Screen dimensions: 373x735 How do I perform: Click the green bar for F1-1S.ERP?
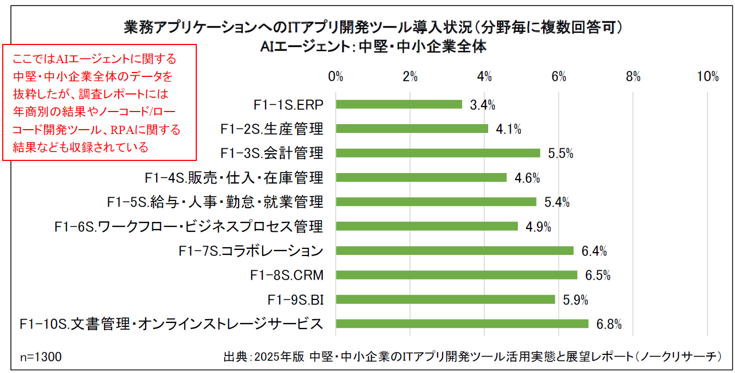(399, 104)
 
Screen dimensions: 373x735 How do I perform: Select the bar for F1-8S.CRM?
(456, 275)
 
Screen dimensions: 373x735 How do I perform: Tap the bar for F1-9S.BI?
(445, 299)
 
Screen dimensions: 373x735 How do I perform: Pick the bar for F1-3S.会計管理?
(438, 153)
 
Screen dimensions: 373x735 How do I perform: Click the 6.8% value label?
(609, 324)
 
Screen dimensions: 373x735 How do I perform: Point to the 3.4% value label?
(483, 105)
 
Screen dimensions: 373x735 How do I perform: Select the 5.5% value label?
(561, 154)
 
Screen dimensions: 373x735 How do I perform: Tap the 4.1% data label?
(509, 130)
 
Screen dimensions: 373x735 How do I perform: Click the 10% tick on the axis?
(708, 77)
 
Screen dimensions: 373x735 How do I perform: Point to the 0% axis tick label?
(335, 77)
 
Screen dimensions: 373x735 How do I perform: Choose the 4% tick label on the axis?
(484, 77)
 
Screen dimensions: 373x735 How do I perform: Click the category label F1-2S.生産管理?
(272, 129)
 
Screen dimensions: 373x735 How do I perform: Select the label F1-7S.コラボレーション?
(251, 251)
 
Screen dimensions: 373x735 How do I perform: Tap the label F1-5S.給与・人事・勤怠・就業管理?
(215, 202)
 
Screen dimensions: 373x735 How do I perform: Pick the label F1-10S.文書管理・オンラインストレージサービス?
(171, 324)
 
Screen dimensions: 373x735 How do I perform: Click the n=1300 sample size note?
(41, 357)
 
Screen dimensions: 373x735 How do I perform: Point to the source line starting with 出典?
(472, 357)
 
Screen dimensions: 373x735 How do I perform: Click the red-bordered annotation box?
(100, 103)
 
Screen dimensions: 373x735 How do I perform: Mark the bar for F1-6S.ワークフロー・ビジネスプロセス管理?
(427, 226)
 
